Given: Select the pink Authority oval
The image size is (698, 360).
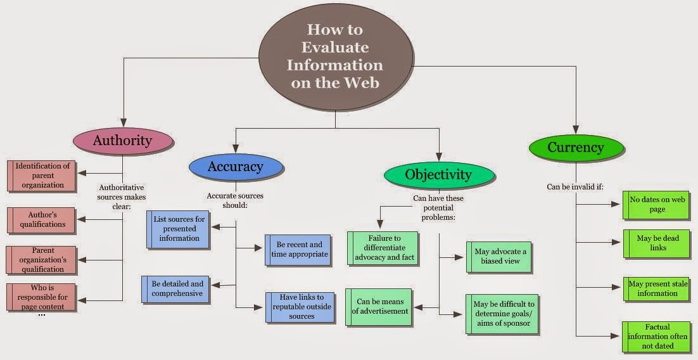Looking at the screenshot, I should coord(122,140).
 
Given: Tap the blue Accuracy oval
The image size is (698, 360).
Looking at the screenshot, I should coord(235,167).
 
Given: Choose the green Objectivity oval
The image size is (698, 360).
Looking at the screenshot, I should coord(438,174).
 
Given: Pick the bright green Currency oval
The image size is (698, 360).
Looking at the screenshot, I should coord(575,148).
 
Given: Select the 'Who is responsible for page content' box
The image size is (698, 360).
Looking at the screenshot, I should coord(44,297).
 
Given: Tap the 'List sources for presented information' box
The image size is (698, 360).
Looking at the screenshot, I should coord(179,229).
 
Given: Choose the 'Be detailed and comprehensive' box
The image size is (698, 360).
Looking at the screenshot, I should coord(175,288).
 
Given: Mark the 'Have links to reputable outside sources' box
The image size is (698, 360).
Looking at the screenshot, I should coord(300,307).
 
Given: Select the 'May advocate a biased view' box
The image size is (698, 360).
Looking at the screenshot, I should coord(499,257).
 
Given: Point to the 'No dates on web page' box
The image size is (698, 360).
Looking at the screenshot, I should coord(656,204).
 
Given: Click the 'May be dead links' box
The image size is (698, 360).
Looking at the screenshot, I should coord(656,243).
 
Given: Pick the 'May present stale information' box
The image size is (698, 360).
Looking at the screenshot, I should coord(656,288).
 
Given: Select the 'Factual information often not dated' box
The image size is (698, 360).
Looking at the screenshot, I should coord(656,337).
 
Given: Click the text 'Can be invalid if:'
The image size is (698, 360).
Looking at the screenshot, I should coord(575,186).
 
